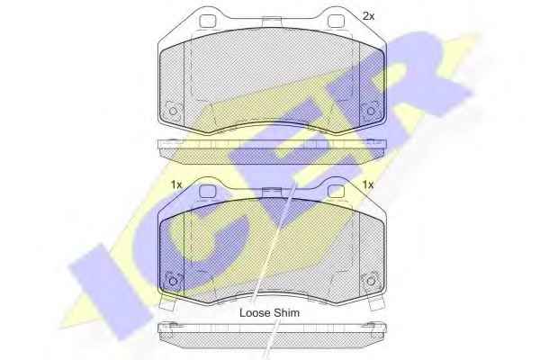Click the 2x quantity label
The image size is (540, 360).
[368, 16]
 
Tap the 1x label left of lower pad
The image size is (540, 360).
[176, 185]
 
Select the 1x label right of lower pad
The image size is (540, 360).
[368, 185]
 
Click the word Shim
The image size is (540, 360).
[287, 313]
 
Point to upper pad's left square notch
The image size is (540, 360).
[207, 22]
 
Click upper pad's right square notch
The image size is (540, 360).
[336, 22]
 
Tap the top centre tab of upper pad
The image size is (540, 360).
[272, 22]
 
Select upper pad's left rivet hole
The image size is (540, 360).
[173, 112]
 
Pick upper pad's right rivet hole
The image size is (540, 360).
[371, 112]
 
